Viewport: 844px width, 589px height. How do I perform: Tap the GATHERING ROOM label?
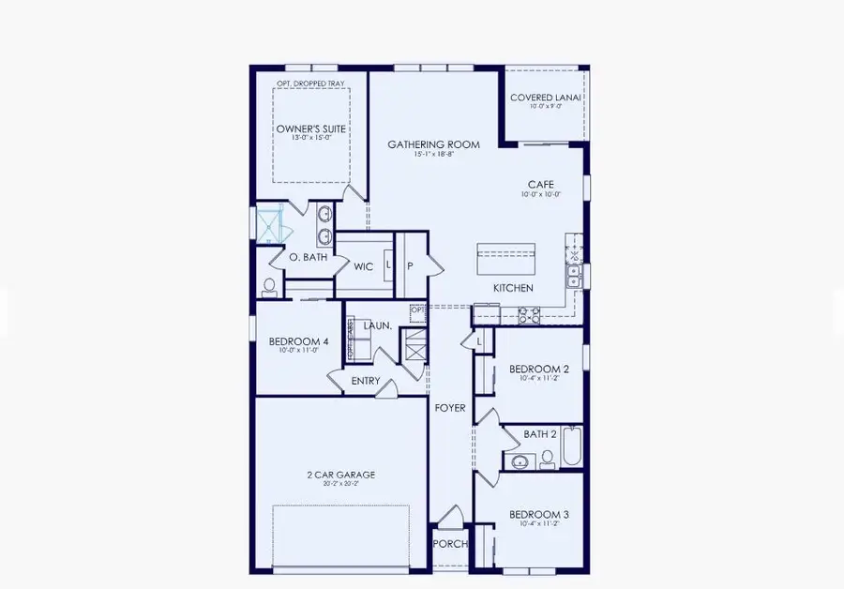[x=434, y=144]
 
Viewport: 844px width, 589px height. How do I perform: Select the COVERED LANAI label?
[x=546, y=98]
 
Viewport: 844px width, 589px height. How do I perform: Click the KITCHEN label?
[x=514, y=288]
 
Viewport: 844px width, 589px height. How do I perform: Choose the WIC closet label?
[x=364, y=267]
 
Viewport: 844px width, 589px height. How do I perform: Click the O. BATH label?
[x=307, y=257]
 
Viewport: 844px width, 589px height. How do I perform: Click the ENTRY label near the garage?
[x=366, y=381]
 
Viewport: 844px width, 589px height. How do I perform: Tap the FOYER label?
[x=450, y=408]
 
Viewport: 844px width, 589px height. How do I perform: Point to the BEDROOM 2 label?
[x=539, y=370]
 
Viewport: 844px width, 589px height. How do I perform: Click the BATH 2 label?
[x=541, y=434]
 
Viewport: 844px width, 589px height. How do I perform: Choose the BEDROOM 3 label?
[x=539, y=515]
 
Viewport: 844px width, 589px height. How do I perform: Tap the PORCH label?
[x=450, y=545]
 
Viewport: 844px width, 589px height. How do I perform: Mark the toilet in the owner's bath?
[x=270, y=285]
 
